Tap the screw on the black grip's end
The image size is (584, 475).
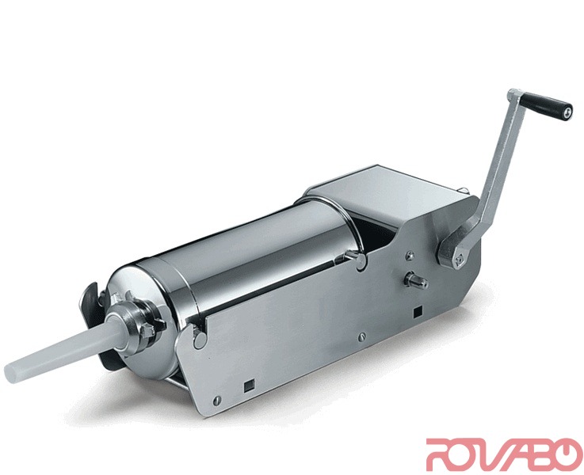pos(566,112)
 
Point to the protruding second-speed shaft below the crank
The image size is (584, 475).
pos(416,279)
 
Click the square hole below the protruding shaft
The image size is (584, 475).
pos(418,312)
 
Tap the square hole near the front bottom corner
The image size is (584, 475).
pos(248,387)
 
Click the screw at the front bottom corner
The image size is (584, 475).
pos(217,401)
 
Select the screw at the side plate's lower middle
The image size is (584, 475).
pos(362,336)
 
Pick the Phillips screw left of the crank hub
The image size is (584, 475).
pos(410,254)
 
